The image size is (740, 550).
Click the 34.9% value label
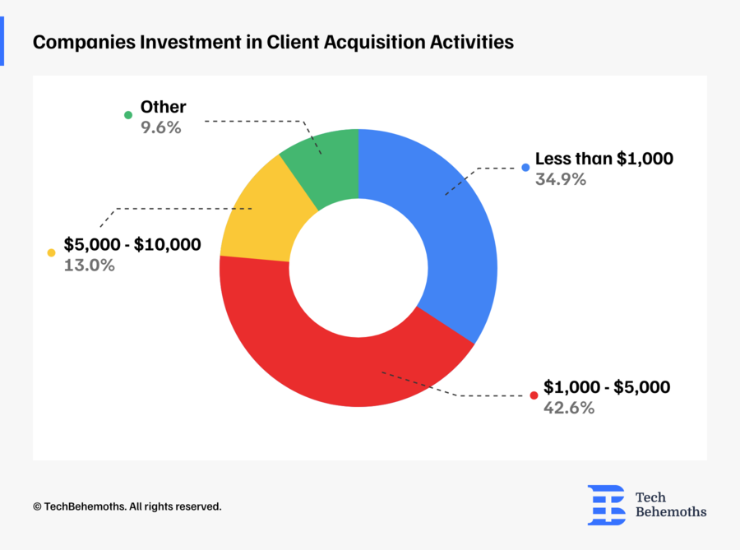click(560, 179)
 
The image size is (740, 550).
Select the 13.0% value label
click(90, 266)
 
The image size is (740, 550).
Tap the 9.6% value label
click(161, 127)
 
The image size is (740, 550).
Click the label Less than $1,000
click(604, 159)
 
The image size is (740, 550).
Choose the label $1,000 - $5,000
click(607, 387)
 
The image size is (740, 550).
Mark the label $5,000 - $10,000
click(132, 245)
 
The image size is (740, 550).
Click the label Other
click(163, 107)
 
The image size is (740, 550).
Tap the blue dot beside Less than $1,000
click(525, 168)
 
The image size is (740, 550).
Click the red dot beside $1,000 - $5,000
click(533, 395)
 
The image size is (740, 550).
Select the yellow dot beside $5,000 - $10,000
click(51, 253)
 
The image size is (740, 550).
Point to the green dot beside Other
click(128, 115)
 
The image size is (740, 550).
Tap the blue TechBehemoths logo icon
click(606, 505)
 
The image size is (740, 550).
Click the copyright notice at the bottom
click(127, 506)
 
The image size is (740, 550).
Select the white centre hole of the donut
click(358, 268)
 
